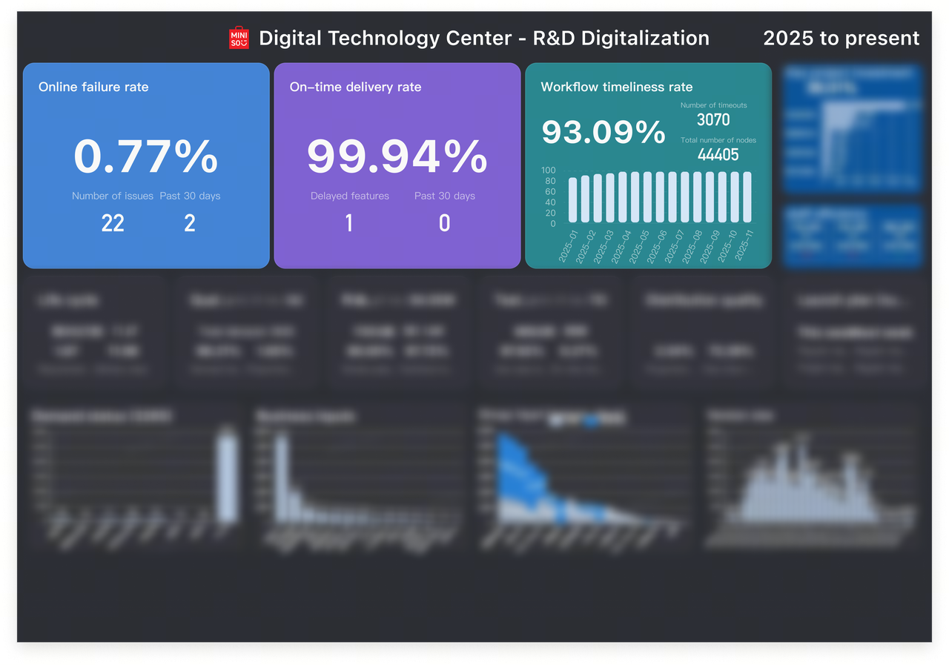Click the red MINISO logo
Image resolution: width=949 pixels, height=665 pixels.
point(239,39)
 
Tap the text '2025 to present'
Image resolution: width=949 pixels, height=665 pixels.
point(841,39)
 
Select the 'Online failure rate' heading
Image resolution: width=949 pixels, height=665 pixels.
point(93,87)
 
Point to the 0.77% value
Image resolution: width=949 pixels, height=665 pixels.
point(146,156)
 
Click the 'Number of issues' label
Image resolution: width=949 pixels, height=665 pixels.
point(113,196)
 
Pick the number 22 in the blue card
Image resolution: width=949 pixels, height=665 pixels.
point(113,223)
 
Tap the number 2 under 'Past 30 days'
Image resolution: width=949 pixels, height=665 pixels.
point(190,223)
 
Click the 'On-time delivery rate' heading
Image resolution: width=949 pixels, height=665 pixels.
point(355,87)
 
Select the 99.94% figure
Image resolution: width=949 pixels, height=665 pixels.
point(397,156)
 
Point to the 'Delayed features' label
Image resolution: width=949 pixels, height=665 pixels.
point(350,196)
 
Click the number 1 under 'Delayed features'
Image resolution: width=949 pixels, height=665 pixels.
point(349,223)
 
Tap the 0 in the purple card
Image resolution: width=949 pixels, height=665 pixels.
point(444,223)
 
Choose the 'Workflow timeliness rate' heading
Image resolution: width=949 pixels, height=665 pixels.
point(617,87)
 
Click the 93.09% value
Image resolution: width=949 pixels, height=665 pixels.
point(604,132)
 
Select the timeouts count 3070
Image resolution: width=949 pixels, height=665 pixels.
point(713,120)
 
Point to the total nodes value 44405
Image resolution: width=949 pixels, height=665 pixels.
point(718,154)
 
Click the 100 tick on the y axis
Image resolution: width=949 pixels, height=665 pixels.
point(549,171)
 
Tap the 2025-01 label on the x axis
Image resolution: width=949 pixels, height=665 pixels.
point(568,246)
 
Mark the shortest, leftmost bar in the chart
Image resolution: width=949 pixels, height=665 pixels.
point(572,200)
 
